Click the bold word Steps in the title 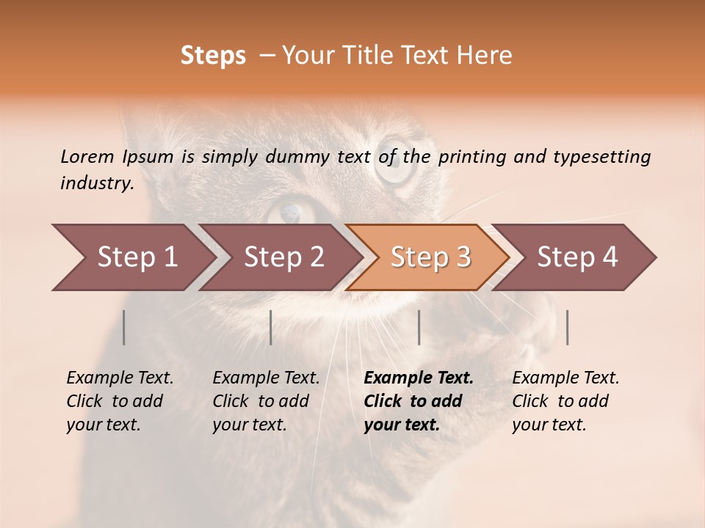[x=213, y=56]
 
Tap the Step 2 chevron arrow [x=283, y=257]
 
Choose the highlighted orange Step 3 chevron [x=430, y=257]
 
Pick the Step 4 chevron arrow [x=577, y=257]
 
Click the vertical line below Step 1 [x=124, y=327]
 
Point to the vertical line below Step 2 [x=271, y=327]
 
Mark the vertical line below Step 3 [x=419, y=327]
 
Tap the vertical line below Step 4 [x=567, y=327]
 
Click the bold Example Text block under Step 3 [x=419, y=401]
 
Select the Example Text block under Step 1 [x=120, y=401]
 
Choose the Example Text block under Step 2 [x=266, y=401]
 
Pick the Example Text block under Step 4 [x=565, y=401]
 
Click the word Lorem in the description [x=87, y=156]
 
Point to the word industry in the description [x=97, y=183]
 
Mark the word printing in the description [x=469, y=156]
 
